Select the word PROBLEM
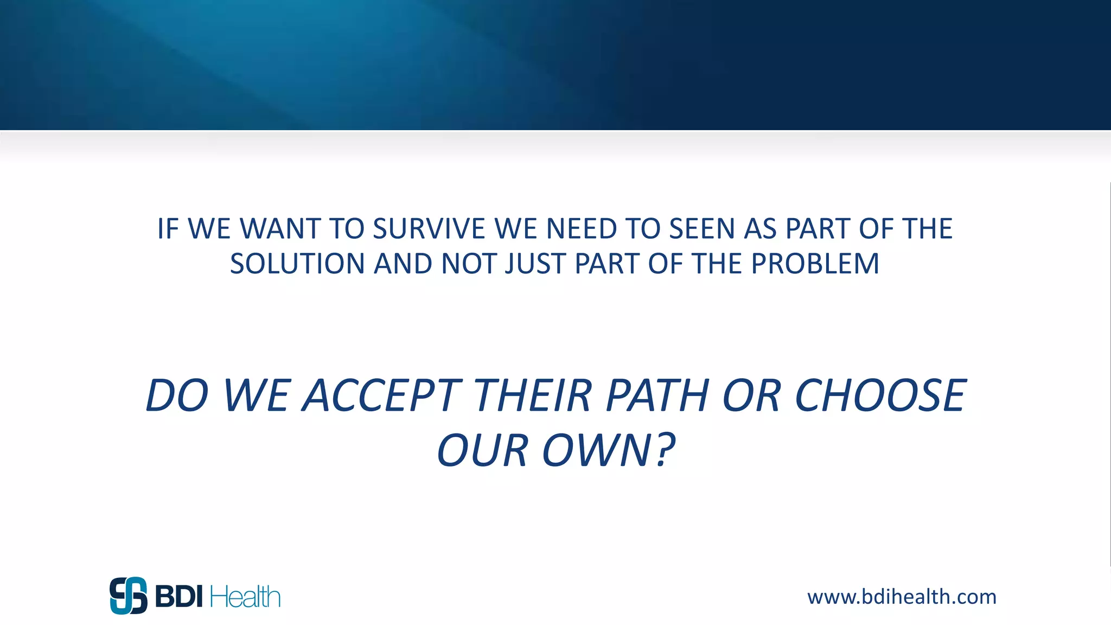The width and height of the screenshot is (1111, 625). click(x=815, y=264)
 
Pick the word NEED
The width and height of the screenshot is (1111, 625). click(x=582, y=228)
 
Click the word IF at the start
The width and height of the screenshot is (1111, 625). click(x=168, y=228)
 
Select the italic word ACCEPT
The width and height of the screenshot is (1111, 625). click(x=382, y=396)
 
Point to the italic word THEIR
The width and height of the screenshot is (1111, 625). click(x=533, y=396)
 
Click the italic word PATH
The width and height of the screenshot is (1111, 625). click(x=657, y=396)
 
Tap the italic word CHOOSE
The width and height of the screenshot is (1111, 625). click(x=880, y=396)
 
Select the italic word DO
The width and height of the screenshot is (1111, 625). click(x=177, y=396)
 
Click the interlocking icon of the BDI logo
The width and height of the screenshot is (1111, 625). click(x=129, y=596)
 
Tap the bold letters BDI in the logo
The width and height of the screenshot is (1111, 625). click(x=178, y=597)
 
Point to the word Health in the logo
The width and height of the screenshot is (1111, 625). click(x=245, y=597)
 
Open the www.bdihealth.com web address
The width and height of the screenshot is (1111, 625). click(x=902, y=597)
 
